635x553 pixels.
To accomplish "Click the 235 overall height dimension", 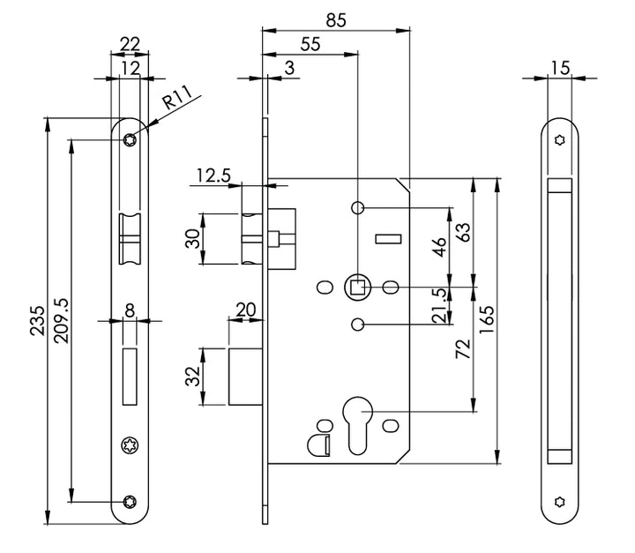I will (36, 322).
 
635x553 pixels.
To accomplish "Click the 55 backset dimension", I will (310, 41).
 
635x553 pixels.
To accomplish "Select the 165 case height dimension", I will (512, 322).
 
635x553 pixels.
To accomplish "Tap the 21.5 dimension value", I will (460, 305).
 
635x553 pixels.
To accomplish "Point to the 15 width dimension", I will (559, 66).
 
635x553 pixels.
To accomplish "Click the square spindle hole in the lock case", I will (357, 286).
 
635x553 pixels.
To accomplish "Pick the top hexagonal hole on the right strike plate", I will (559, 138).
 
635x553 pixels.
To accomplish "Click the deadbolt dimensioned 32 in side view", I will (246, 377).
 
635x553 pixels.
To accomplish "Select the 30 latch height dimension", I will (190, 238).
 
